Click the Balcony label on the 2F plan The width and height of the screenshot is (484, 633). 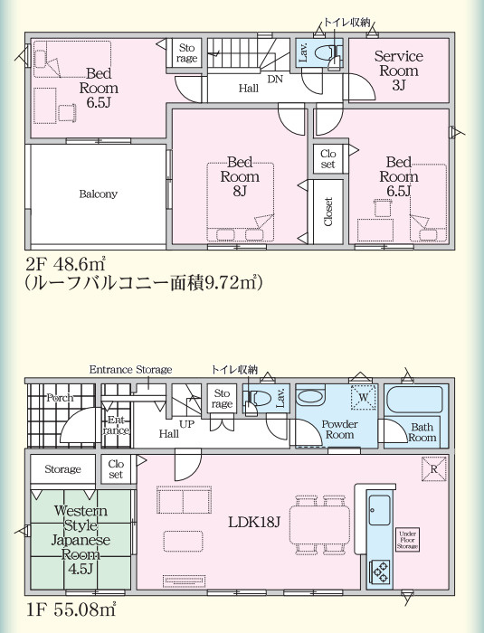[99, 194]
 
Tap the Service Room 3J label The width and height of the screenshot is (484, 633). [399, 71]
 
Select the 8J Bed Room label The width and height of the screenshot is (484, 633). [240, 176]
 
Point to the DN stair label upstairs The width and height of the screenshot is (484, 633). [275, 80]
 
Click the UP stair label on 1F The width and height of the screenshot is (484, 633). [186, 424]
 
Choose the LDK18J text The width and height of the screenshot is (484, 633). [254, 523]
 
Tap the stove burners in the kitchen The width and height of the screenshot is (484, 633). [380, 571]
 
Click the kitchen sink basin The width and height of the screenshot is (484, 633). [380, 510]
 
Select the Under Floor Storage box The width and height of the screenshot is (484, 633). [407, 540]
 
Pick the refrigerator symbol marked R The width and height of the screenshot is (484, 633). [434, 469]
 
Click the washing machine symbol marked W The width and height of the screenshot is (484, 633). [364, 397]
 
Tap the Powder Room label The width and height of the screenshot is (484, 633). [340, 430]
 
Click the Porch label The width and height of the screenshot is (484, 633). [61, 398]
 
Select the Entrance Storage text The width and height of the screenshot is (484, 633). [130, 370]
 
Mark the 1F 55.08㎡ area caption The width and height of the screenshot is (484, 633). [71, 609]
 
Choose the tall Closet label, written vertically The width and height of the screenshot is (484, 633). [327, 212]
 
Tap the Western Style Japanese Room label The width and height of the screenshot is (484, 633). [81, 540]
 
